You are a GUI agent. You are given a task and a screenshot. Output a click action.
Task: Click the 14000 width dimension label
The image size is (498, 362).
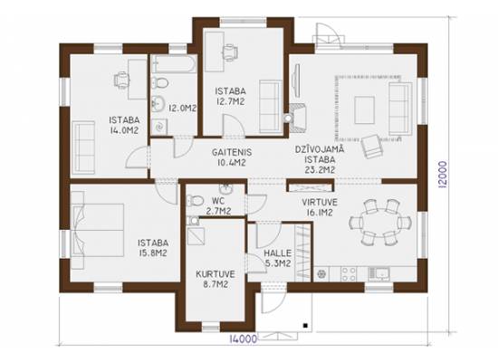[243, 339]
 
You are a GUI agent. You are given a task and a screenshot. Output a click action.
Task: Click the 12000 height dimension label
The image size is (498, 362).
[442, 175]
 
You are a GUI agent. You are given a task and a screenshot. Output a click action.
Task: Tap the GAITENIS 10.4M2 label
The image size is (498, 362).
[232, 157]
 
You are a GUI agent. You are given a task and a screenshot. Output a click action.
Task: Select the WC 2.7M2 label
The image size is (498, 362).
[218, 205]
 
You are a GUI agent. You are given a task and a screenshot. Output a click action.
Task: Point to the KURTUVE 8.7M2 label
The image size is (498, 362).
[215, 279]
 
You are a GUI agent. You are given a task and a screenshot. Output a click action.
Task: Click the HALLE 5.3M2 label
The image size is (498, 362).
[278, 258]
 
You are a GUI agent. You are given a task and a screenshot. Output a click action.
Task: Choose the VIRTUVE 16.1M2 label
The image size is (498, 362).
[320, 207]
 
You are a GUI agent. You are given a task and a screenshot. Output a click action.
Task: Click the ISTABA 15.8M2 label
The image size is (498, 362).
[153, 248]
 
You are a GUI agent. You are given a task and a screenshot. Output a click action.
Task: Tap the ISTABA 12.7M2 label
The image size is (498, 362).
[230, 96]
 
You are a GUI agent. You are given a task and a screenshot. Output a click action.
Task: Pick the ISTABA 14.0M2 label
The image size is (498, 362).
[124, 125]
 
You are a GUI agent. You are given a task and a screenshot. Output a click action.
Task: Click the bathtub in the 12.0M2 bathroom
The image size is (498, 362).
[174, 64]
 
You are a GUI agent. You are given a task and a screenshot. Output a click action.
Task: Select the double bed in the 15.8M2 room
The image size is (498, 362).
[97, 230]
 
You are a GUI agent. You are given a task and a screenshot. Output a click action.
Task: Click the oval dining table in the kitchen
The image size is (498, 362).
[380, 223]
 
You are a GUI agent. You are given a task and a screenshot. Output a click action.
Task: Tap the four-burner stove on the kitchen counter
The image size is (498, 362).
[349, 273]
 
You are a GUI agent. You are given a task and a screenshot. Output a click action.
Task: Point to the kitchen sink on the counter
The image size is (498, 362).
[378, 273]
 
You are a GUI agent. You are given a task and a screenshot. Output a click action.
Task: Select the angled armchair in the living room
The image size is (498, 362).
[372, 147]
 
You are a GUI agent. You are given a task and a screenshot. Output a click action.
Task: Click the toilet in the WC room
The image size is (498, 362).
[195, 201]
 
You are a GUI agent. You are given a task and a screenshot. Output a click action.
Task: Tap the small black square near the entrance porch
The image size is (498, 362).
[305, 325]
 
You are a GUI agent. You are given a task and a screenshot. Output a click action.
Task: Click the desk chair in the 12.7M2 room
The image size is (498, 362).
[229, 52]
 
